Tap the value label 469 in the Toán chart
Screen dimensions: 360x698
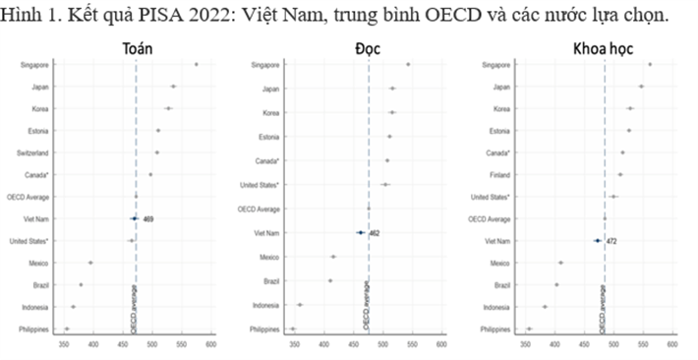(148, 218)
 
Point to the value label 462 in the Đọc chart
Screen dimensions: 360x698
(375, 233)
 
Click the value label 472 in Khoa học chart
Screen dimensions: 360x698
(611, 240)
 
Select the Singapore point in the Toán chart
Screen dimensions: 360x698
(196, 64)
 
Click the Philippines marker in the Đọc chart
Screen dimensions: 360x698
(293, 329)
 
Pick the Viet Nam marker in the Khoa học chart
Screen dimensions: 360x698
(597, 240)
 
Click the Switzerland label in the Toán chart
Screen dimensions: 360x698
(33, 152)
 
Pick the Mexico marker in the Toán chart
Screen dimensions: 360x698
(90, 263)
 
